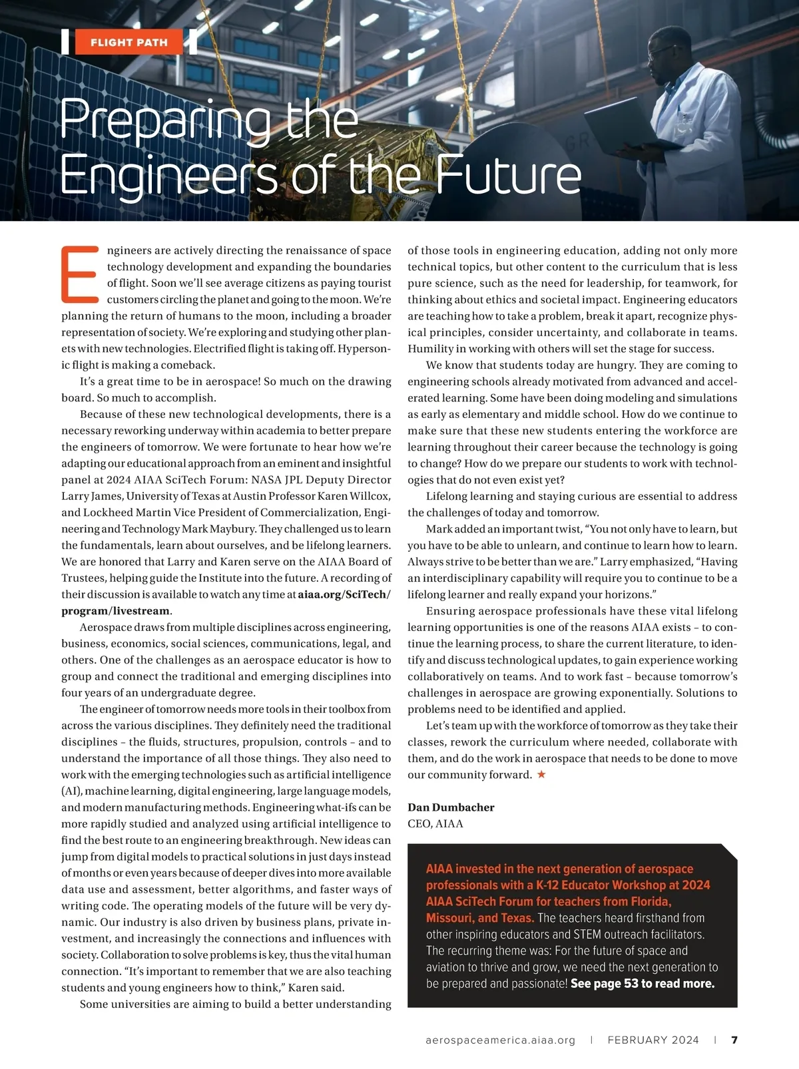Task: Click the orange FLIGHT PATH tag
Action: coord(129,43)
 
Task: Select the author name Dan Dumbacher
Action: coord(451,807)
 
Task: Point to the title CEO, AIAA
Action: coord(435,823)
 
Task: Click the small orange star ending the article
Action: coord(541,774)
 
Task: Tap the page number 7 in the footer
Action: coord(734,1040)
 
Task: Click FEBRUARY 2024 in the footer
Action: coord(653,1040)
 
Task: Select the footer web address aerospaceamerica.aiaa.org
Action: coord(500,1040)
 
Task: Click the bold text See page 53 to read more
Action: coord(643,984)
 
